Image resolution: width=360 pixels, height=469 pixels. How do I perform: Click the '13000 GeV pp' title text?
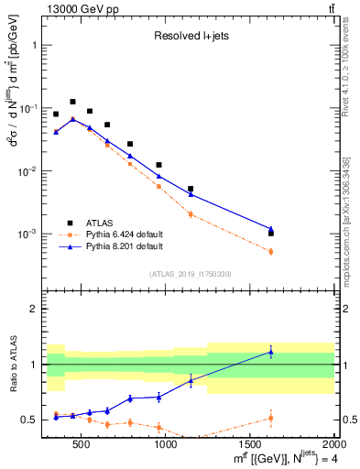click(77, 9)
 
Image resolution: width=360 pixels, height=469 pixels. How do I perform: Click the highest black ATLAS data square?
click(72, 102)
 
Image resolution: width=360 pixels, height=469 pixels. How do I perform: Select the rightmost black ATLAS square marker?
click(271, 234)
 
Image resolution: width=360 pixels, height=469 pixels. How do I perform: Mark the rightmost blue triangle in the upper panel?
click(271, 229)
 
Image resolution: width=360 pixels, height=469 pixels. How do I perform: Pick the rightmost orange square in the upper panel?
click(271, 251)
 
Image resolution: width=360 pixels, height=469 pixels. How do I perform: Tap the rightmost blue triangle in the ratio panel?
click(271, 352)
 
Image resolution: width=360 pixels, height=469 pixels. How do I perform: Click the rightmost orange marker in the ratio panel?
click(271, 418)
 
